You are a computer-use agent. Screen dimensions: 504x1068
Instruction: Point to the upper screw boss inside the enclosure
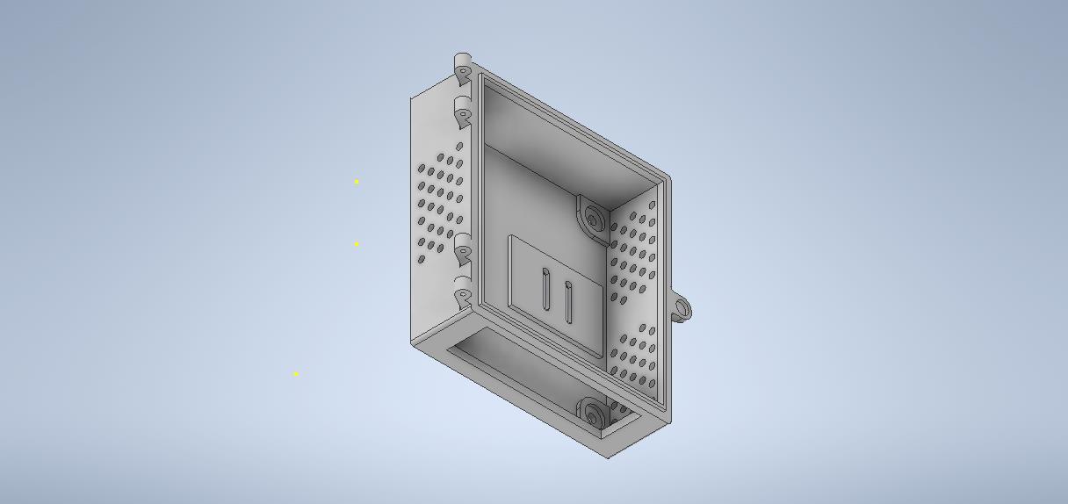pyautogui.click(x=594, y=218)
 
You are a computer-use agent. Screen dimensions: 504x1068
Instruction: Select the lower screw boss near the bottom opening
pyautogui.click(x=591, y=413)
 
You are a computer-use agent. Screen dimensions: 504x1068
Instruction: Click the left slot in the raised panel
pyautogui.click(x=545, y=291)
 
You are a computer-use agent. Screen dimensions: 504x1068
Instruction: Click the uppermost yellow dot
pyautogui.click(x=357, y=182)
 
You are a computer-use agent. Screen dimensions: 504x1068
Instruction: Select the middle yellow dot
pyautogui.click(x=357, y=244)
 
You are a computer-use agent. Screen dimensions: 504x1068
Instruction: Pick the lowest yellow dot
pyautogui.click(x=296, y=374)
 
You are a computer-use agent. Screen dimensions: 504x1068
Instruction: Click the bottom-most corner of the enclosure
pyautogui.click(x=610, y=457)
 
